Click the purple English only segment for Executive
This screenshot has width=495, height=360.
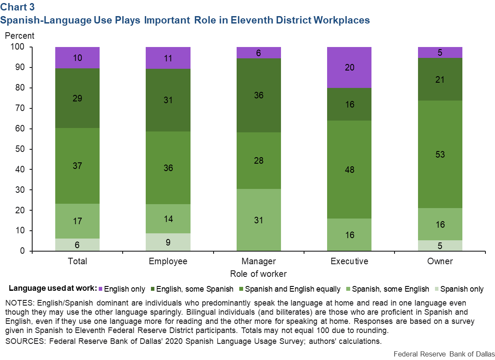coord(349,67)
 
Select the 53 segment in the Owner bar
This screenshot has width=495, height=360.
coord(440,155)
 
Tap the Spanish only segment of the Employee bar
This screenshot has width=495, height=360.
coord(168,242)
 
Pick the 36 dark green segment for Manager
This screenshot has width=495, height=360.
coord(259,95)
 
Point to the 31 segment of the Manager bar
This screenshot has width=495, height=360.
coord(259,220)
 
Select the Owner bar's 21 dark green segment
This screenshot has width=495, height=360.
coord(440,80)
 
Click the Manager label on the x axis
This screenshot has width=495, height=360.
coord(258,261)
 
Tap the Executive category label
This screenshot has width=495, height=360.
coord(349,261)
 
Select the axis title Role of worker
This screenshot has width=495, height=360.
coord(258,274)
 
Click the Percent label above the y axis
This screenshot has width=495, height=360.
coord(20,36)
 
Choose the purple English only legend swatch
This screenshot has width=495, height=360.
coord(101,289)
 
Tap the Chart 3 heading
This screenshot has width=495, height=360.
coord(17,7)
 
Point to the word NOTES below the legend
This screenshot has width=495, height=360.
coord(17,303)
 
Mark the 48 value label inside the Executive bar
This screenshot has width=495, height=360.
coord(349,170)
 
